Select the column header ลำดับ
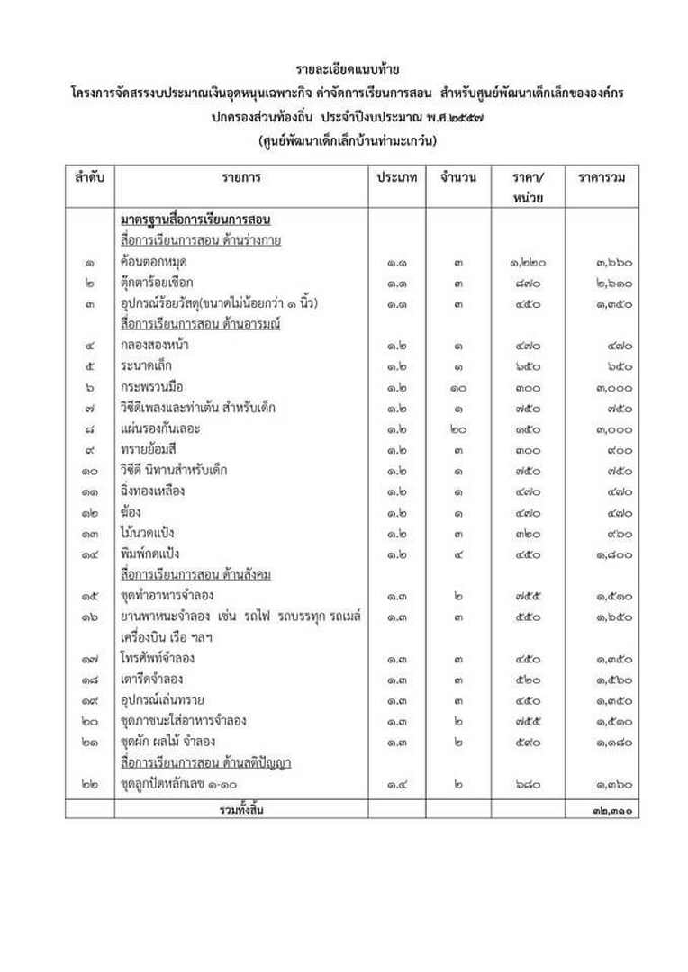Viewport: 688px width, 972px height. coord(89,177)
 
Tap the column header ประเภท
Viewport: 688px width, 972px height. coord(396,177)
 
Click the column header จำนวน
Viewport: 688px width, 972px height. coord(458,177)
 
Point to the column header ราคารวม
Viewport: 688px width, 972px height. coord(601,177)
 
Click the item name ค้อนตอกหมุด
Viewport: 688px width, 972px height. coord(154,262)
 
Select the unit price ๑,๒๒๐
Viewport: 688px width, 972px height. coord(527,263)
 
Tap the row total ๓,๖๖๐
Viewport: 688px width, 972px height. coord(613,263)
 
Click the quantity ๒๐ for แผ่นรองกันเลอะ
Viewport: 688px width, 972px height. coord(458,428)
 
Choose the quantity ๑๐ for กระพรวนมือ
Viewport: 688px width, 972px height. coord(458,387)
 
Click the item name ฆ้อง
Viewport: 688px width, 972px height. coord(131,511)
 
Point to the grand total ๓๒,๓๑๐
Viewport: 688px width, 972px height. coord(612,810)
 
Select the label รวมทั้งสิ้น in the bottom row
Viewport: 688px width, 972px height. coord(240,809)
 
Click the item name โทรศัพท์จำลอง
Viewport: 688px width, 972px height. coord(158,658)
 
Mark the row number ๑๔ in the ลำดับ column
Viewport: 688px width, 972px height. coord(88,553)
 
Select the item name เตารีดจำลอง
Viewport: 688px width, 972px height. coord(152,679)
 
